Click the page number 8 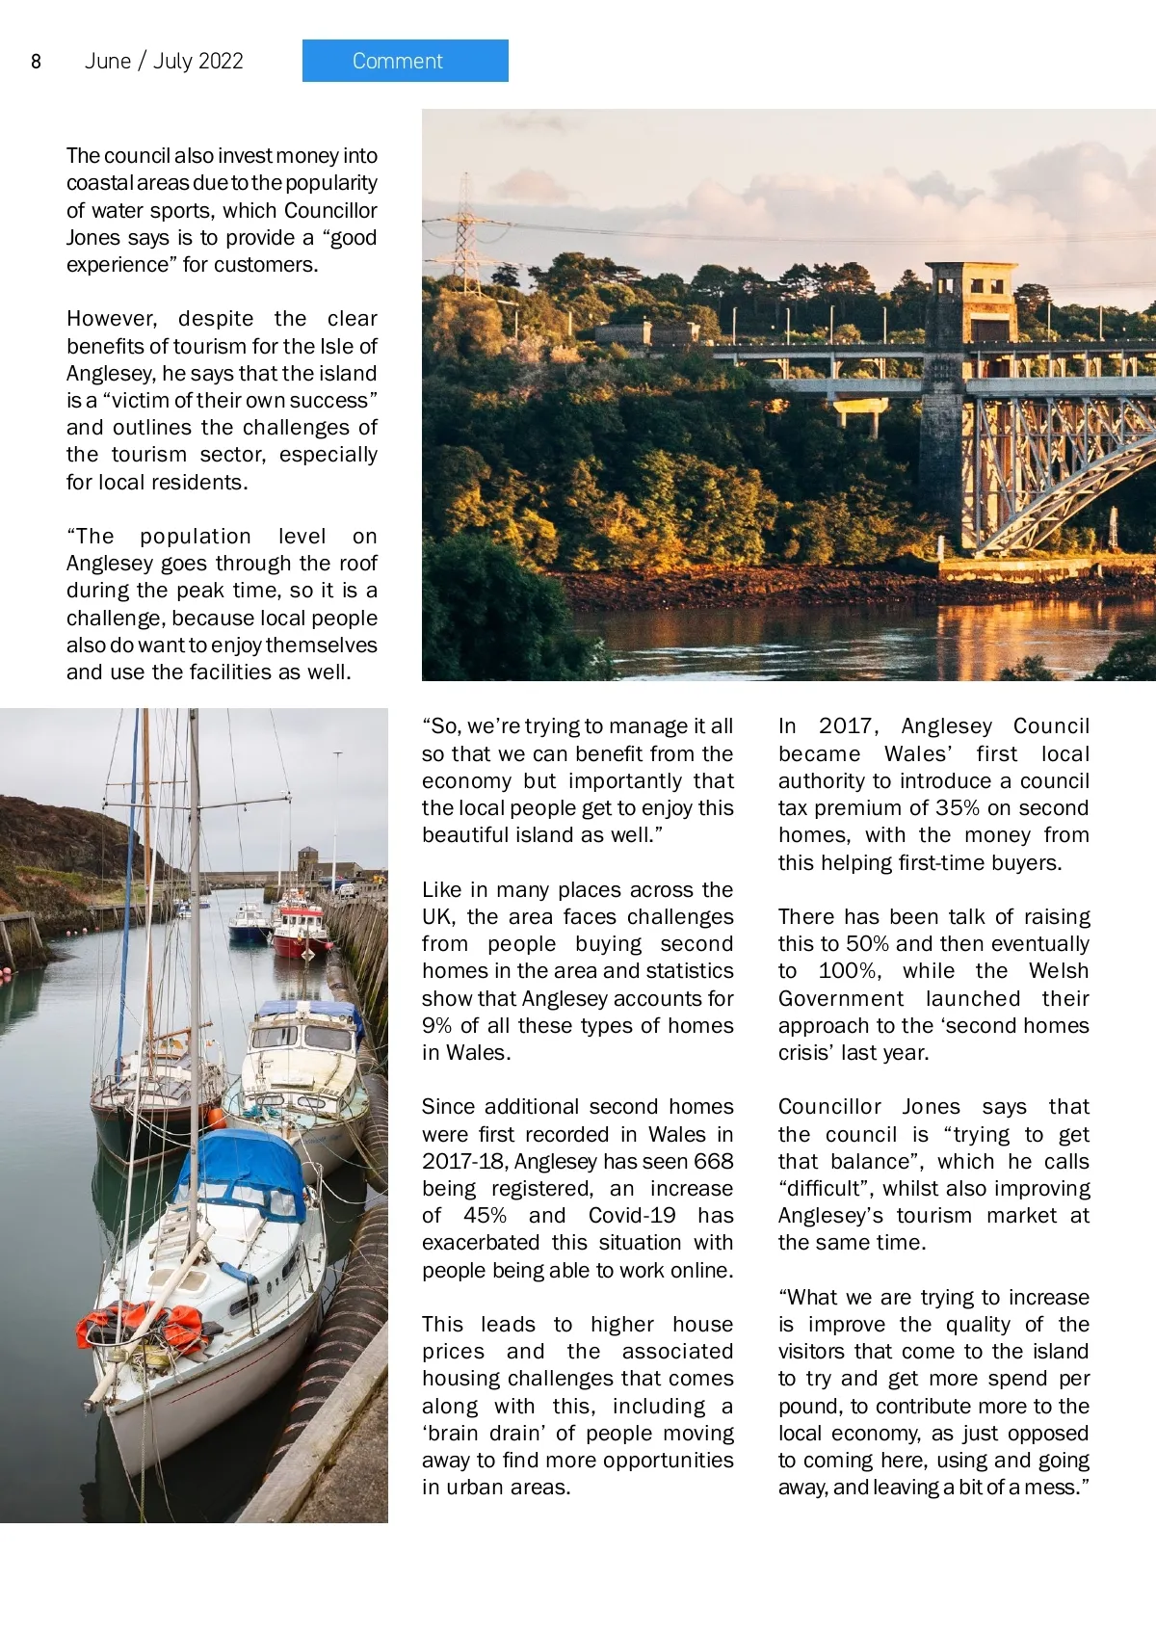[x=36, y=62]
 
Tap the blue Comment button [x=405, y=61]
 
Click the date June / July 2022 [x=164, y=62]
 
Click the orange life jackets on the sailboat [x=144, y=1325]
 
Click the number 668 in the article [x=713, y=1162]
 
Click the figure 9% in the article [x=437, y=1026]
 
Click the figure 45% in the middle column [x=485, y=1216]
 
